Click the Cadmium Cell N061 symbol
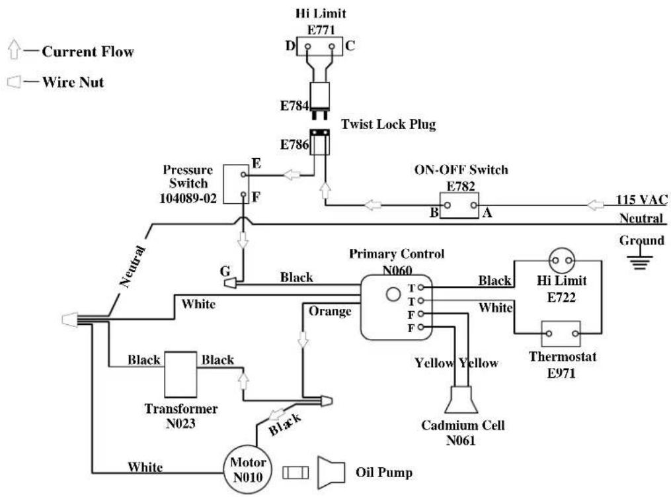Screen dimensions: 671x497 tap(461, 400)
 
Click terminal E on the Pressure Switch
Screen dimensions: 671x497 tap(243, 174)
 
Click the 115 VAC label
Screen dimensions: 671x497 tap(641, 200)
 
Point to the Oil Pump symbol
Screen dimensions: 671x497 tap(331, 473)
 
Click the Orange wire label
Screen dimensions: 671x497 tap(330, 312)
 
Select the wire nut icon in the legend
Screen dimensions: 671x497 tap(14, 81)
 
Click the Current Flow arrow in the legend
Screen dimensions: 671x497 tap(15, 50)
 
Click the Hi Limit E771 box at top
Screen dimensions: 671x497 tap(320, 46)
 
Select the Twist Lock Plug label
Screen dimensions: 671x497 tap(388, 124)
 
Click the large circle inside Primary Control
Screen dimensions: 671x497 tap(393, 294)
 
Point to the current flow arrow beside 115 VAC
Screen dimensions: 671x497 tap(595, 205)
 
